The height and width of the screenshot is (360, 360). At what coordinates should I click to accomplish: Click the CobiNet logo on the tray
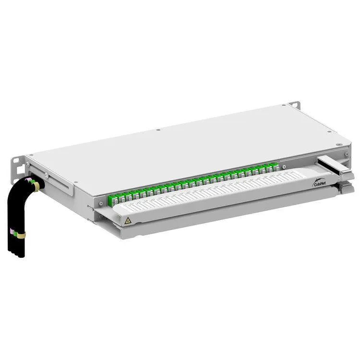(321, 182)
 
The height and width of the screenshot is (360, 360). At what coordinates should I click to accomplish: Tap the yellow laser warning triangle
(128, 220)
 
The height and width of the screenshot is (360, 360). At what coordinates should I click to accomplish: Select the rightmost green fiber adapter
(276, 166)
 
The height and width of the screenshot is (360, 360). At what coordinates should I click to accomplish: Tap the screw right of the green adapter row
(285, 168)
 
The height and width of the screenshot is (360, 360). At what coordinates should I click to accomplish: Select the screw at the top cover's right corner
(338, 144)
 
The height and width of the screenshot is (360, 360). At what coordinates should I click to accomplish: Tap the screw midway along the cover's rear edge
(158, 130)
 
